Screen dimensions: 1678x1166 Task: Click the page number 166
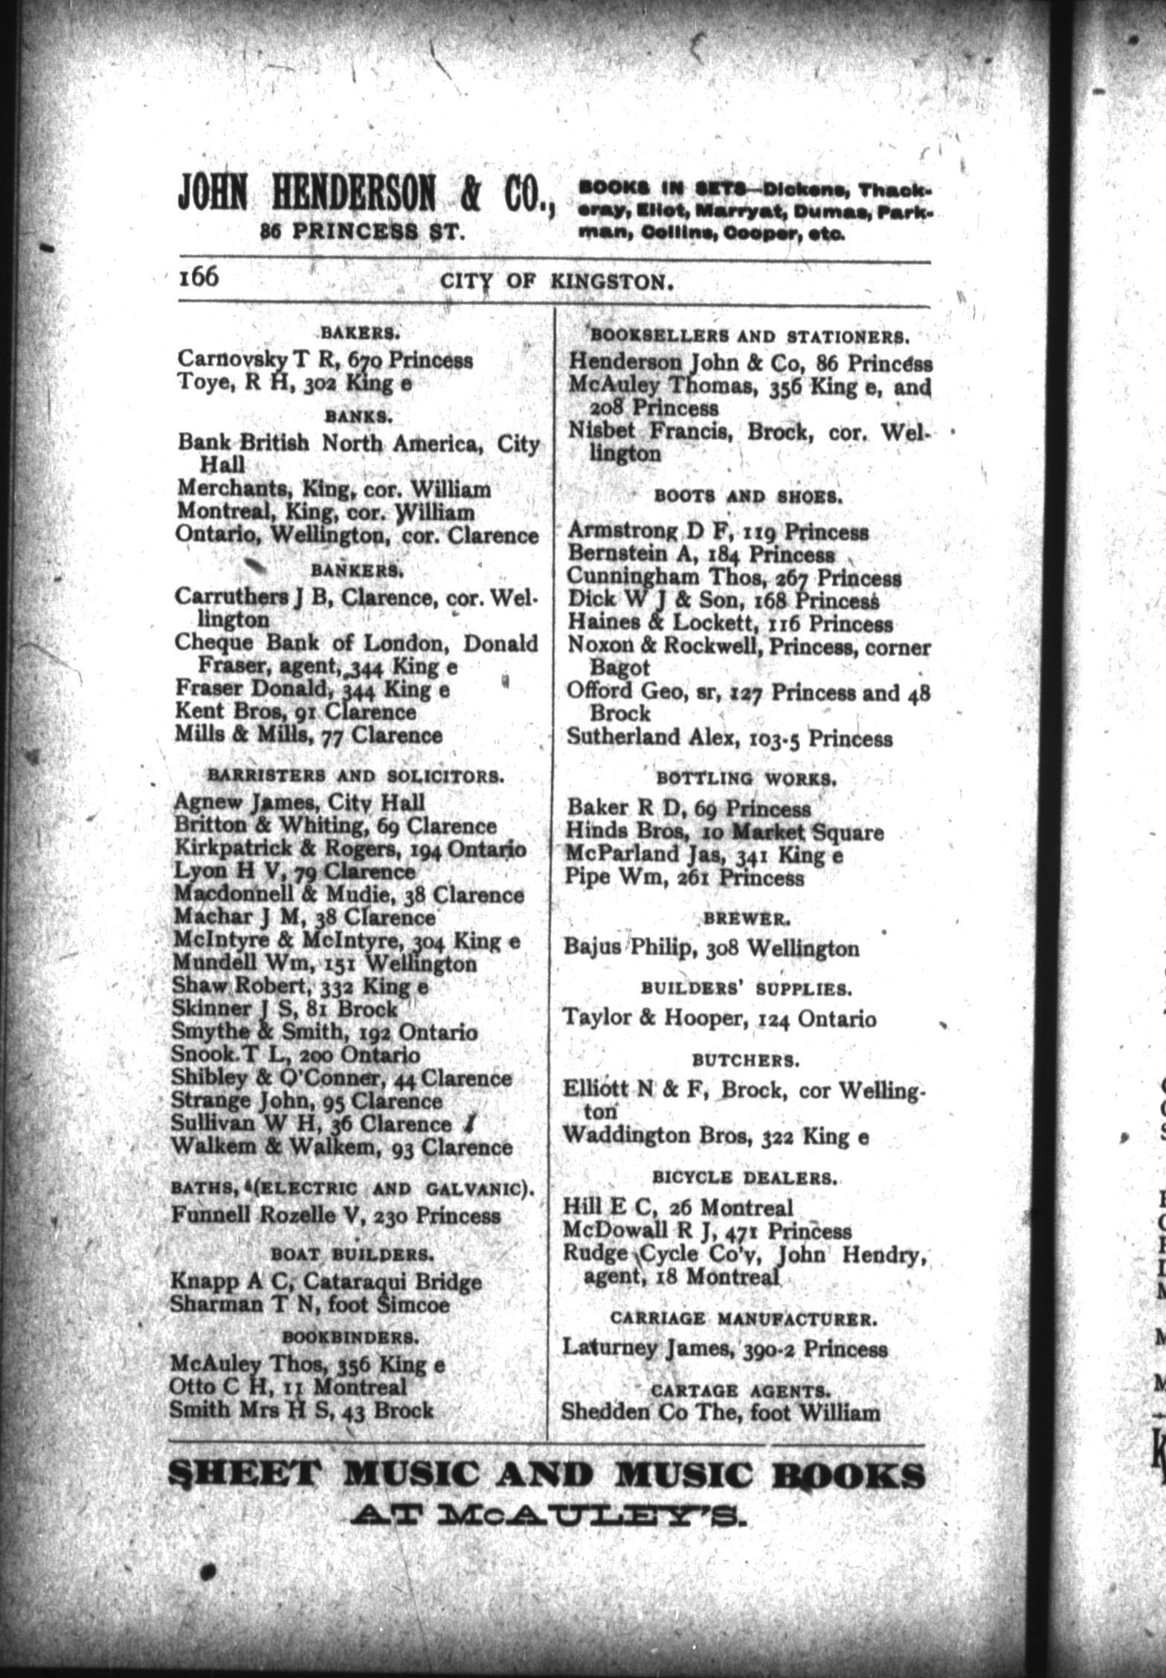coord(199,278)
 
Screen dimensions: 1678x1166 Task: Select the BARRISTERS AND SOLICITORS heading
coord(356,776)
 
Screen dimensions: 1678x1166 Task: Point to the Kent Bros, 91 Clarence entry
coord(294,712)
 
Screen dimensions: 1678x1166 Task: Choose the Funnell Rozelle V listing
coord(335,1215)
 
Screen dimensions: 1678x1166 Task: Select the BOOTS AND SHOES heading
coord(747,497)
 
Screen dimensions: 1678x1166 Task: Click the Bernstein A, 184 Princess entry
coord(700,555)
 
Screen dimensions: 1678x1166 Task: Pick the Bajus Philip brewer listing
coord(711,948)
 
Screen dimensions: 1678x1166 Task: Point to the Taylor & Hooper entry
coord(719,1018)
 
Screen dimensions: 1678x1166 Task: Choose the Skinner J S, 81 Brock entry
coord(285,1009)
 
